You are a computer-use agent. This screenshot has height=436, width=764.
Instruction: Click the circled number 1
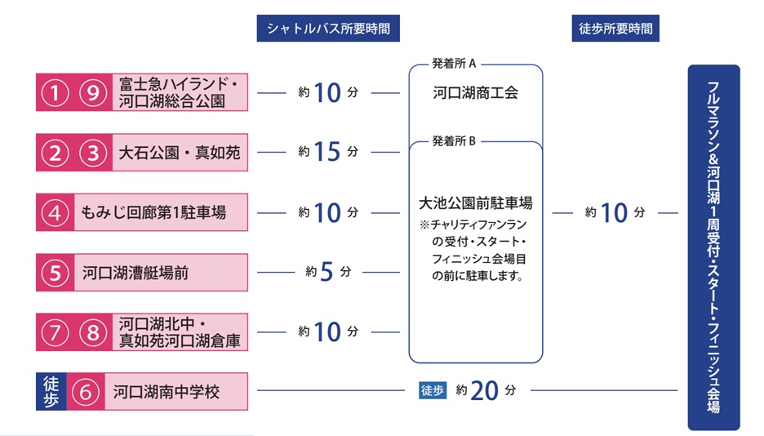coord(56,93)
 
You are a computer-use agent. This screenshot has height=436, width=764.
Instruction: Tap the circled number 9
coord(94,93)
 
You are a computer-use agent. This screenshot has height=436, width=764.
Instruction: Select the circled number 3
coord(94,153)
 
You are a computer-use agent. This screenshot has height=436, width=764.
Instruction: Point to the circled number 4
coord(56,213)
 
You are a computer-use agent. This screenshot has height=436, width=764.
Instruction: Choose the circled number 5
coord(56,273)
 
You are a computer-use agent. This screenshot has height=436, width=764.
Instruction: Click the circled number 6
coord(86,392)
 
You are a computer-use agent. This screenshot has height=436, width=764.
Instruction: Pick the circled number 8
coord(94,332)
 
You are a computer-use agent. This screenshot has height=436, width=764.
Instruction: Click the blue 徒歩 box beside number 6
coord(51,392)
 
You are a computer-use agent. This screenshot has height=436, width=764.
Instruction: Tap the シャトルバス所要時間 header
coord(328,29)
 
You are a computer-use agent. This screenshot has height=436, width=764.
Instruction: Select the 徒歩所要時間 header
coord(615,29)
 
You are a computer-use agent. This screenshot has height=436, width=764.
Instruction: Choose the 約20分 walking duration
coord(486,391)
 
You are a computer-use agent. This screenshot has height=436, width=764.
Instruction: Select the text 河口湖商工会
coord(475,93)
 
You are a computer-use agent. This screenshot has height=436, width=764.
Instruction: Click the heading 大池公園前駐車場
coord(475,203)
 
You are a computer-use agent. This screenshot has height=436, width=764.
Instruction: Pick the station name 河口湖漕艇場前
coord(135,273)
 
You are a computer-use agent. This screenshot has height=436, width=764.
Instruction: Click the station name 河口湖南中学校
coord(167,392)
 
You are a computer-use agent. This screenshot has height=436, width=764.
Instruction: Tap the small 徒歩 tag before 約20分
coord(433,390)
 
